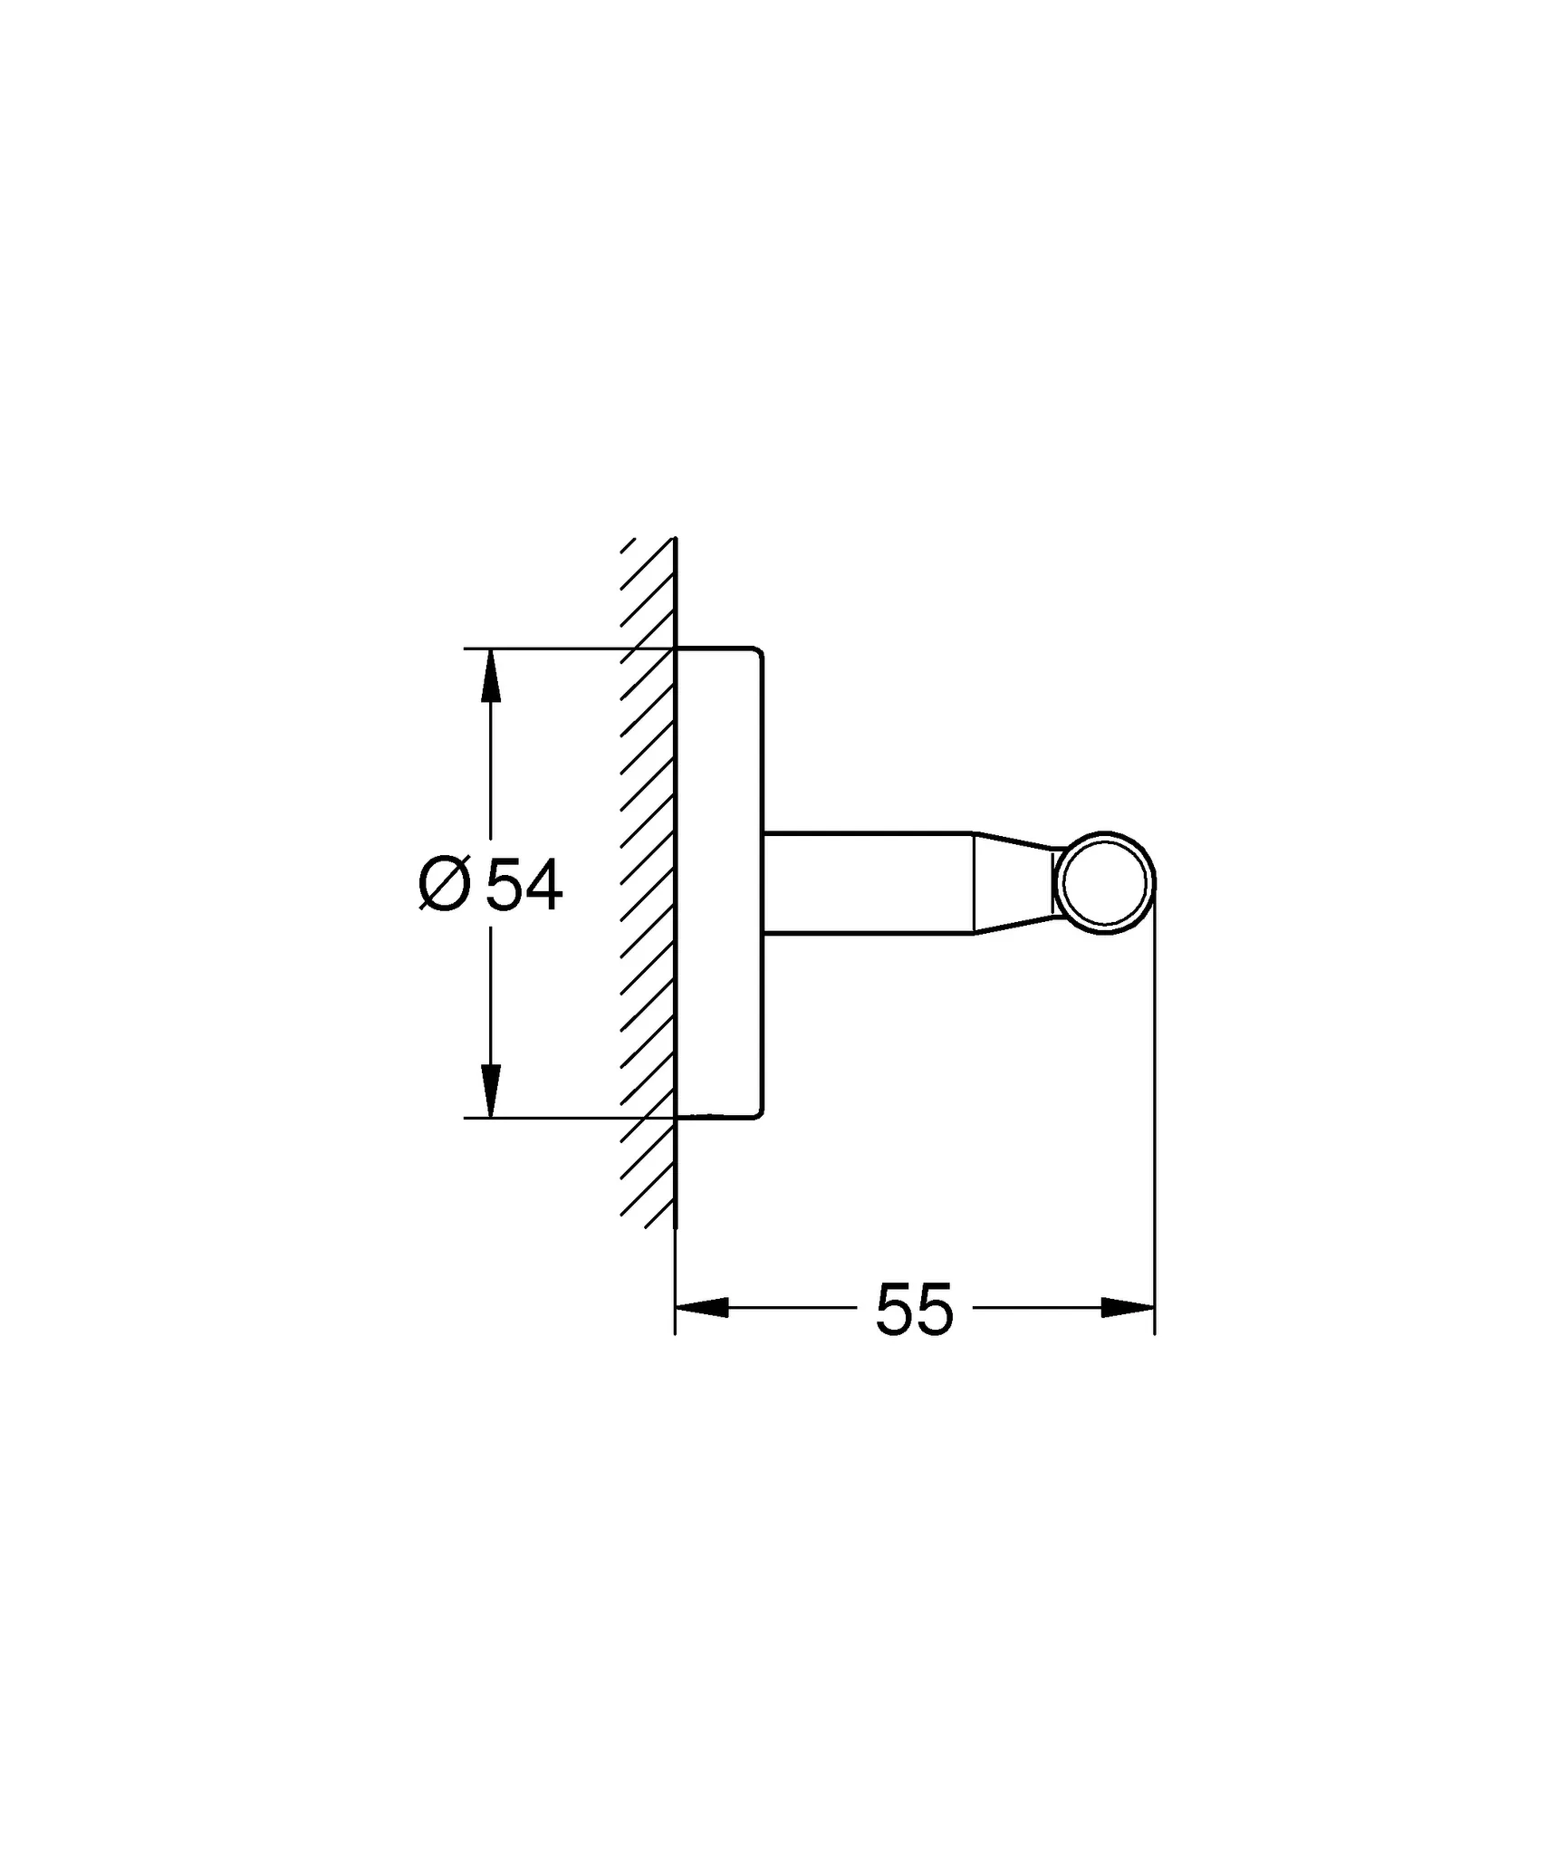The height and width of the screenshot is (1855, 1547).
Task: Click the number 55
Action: (x=915, y=1310)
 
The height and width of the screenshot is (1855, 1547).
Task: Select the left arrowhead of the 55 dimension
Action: (x=702, y=1308)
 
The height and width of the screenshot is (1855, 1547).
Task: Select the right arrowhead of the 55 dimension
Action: (x=1128, y=1308)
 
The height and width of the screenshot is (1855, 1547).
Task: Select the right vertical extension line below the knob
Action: (x=1154, y=1132)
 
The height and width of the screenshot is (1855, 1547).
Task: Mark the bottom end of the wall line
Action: (x=676, y=1331)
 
